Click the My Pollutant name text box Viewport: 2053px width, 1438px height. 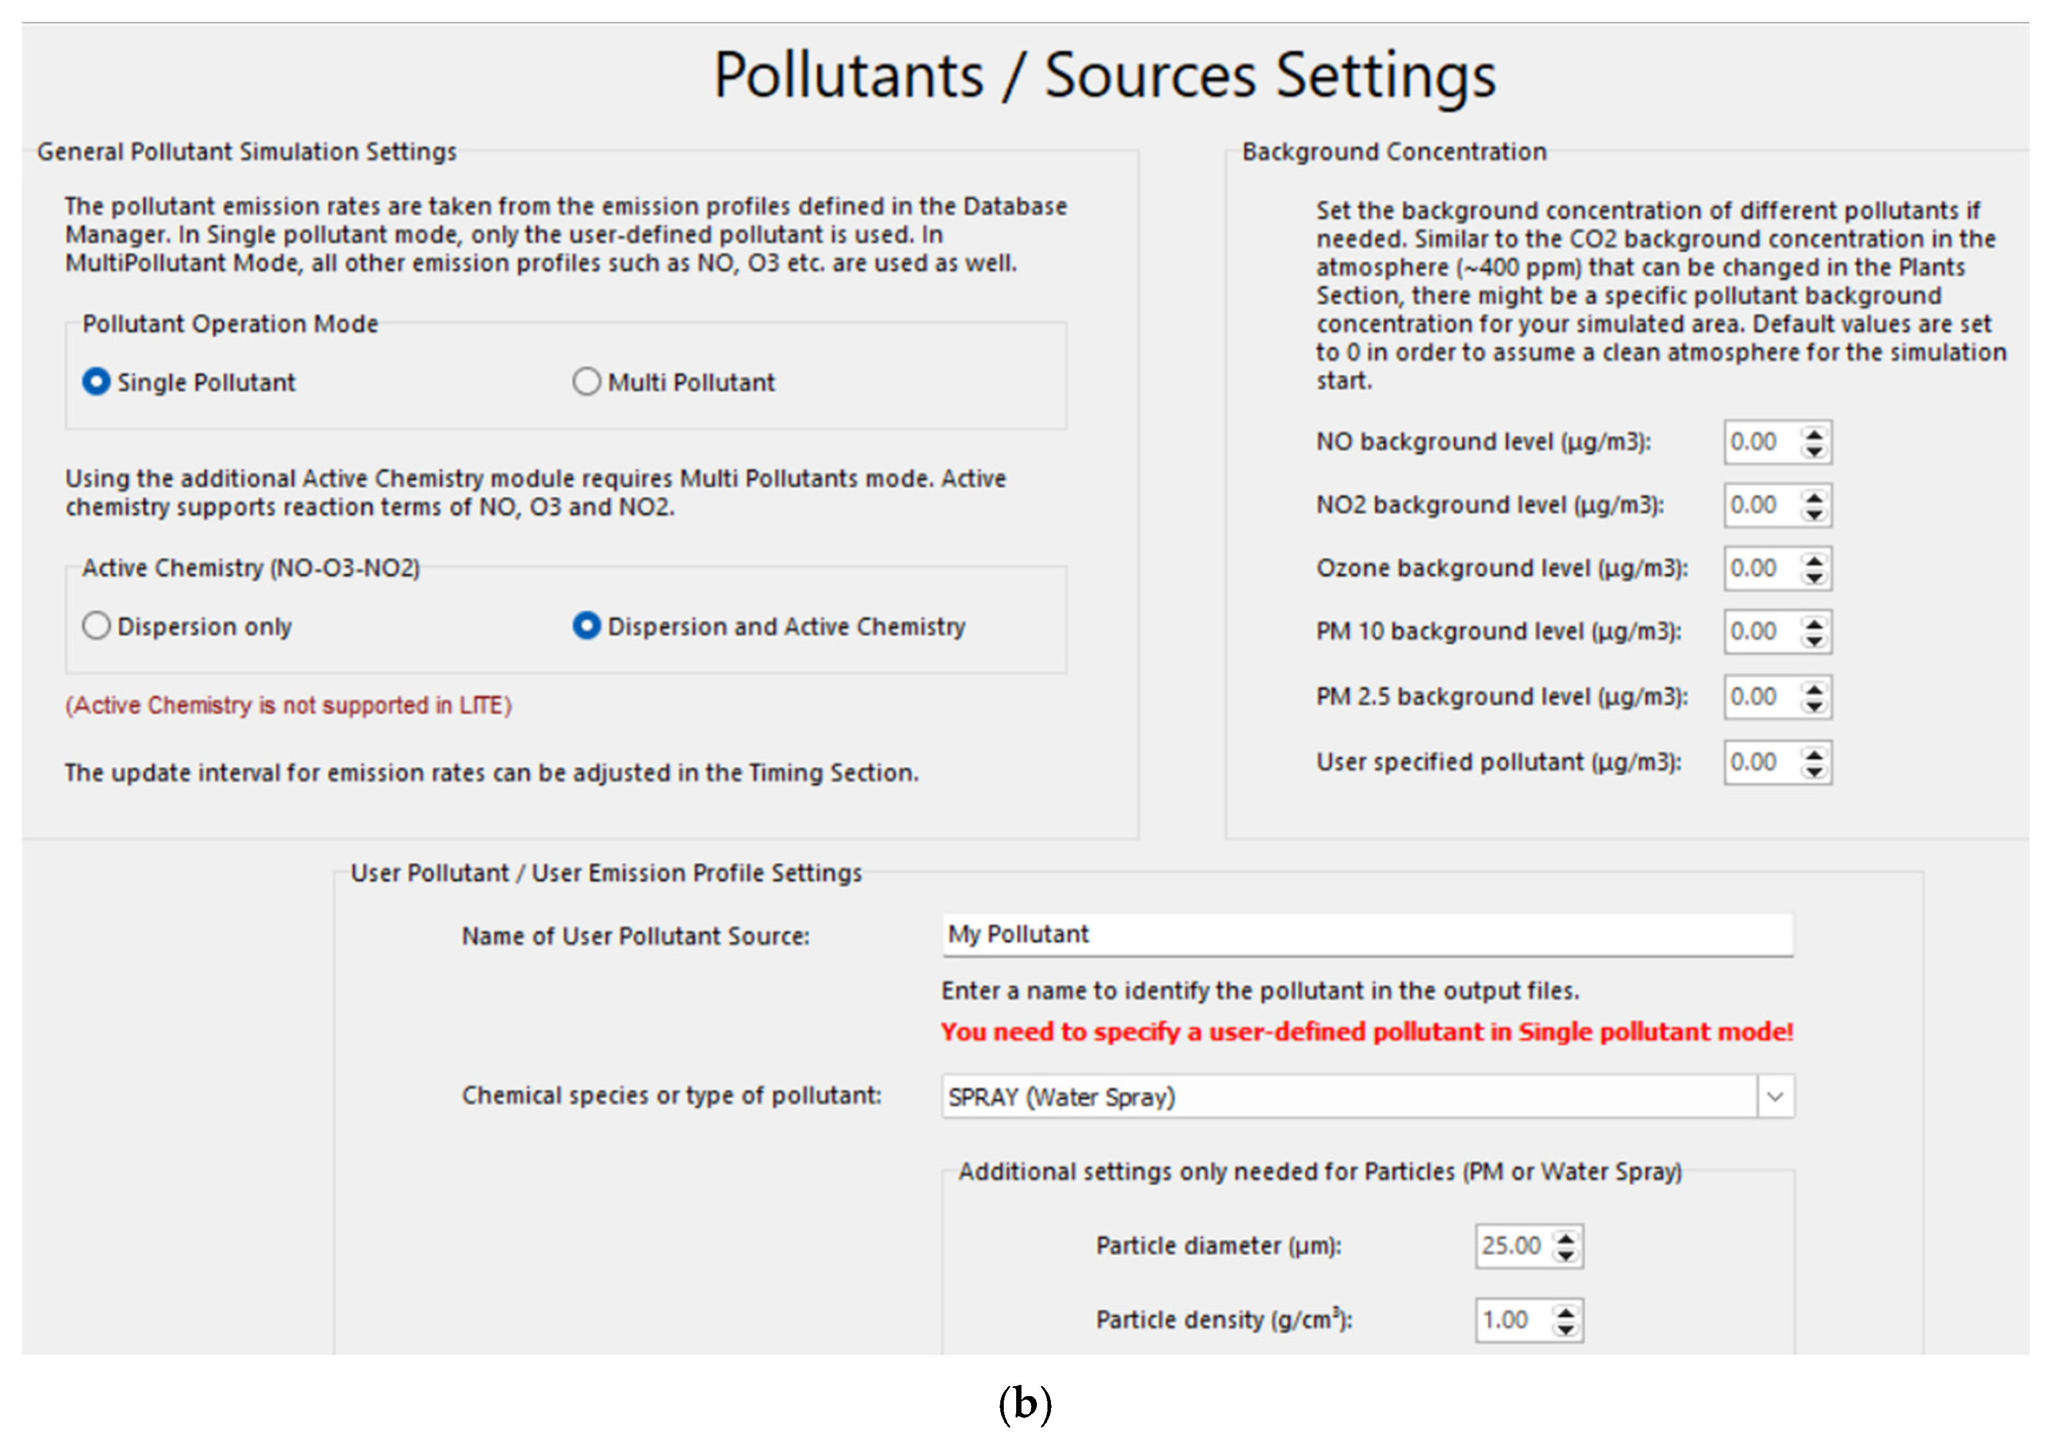[x=1367, y=935]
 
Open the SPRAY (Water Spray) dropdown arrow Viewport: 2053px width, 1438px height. [x=1775, y=1097]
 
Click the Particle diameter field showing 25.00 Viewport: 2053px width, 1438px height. [x=1512, y=1246]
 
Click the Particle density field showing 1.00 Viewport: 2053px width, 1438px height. [x=1512, y=1320]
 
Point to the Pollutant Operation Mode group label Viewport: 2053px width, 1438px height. [x=230, y=324]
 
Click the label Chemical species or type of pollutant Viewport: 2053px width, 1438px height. [x=671, y=1095]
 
